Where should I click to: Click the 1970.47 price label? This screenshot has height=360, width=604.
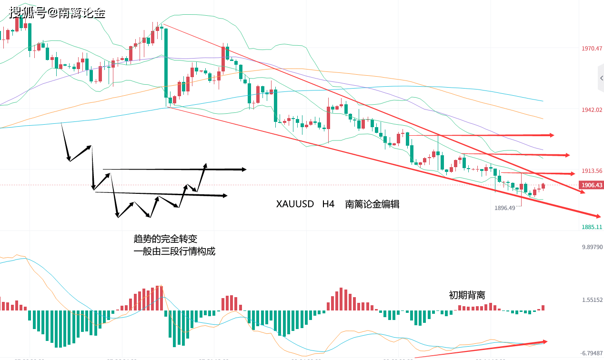(x=592, y=49)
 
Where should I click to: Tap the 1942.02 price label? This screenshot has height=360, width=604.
(x=592, y=110)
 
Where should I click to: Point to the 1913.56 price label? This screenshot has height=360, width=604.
(x=592, y=171)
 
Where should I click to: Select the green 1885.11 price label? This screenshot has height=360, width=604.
(x=592, y=227)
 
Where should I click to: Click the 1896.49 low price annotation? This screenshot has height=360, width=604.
(x=504, y=208)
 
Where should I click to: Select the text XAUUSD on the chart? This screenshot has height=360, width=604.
(x=295, y=204)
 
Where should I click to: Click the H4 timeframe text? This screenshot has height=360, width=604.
(x=328, y=204)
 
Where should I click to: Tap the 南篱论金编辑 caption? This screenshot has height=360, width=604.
(x=372, y=204)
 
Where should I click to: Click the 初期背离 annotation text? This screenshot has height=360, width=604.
(x=467, y=295)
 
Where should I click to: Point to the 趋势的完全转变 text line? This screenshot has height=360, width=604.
(x=165, y=238)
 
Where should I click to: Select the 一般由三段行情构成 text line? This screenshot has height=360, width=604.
(x=174, y=251)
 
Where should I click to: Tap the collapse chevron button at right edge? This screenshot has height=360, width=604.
(x=601, y=78)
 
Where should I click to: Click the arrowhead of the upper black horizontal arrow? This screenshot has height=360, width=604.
(x=243, y=169)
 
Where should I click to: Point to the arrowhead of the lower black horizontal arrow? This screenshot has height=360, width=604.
(x=224, y=195)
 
